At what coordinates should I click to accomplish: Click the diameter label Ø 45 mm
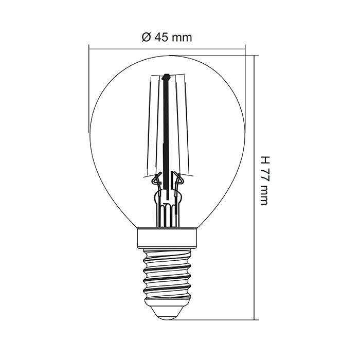[x=167, y=38]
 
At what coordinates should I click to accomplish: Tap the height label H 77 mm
[x=264, y=181]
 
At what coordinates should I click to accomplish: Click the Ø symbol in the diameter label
[x=146, y=38]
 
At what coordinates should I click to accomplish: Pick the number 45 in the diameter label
[x=161, y=38]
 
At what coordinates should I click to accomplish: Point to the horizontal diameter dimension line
[x=167, y=49]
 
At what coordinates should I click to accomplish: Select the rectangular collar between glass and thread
[x=167, y=239]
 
